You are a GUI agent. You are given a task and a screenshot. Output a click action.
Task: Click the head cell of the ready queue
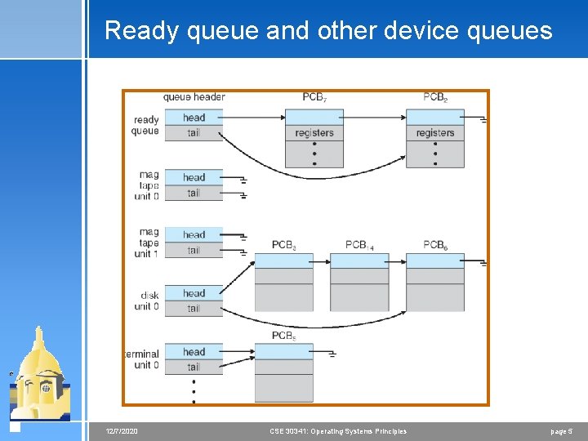(x=194, y=118)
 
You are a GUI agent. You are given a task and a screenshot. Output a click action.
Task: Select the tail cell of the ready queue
(x=194, y=132)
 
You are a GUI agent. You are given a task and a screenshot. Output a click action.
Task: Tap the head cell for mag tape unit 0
(x=194, y=177)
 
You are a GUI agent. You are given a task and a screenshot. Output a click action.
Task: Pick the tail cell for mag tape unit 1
(x=194, y=250)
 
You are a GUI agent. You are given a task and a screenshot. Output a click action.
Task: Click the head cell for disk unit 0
(x=194, y=293)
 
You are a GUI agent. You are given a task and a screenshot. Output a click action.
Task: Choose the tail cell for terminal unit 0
(x=194, y=367)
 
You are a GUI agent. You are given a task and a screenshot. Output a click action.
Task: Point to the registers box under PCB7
(x=314, y=133)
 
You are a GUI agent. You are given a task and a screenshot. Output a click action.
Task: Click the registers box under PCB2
(x=435, y=133)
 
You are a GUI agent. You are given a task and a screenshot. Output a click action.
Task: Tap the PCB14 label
(x=359, y=245)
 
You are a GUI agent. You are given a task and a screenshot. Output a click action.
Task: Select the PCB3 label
(x=283, y=245)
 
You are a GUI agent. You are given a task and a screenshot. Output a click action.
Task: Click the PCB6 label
(x=435, y=245)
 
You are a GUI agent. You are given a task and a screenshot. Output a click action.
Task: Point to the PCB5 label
(x=283, y=336)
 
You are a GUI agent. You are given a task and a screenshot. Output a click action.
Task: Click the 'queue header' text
(x=194, y=97)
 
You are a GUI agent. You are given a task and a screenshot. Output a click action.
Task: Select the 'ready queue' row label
(x=146, y=125)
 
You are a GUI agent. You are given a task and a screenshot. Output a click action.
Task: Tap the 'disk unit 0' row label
(x=147, y=301)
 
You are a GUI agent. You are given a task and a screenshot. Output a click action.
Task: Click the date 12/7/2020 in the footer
(x=122, y=431)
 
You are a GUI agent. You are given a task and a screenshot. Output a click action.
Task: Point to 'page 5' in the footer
(x=561, y=431)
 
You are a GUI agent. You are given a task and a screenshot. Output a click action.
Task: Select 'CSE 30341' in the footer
(x=291, y=431)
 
